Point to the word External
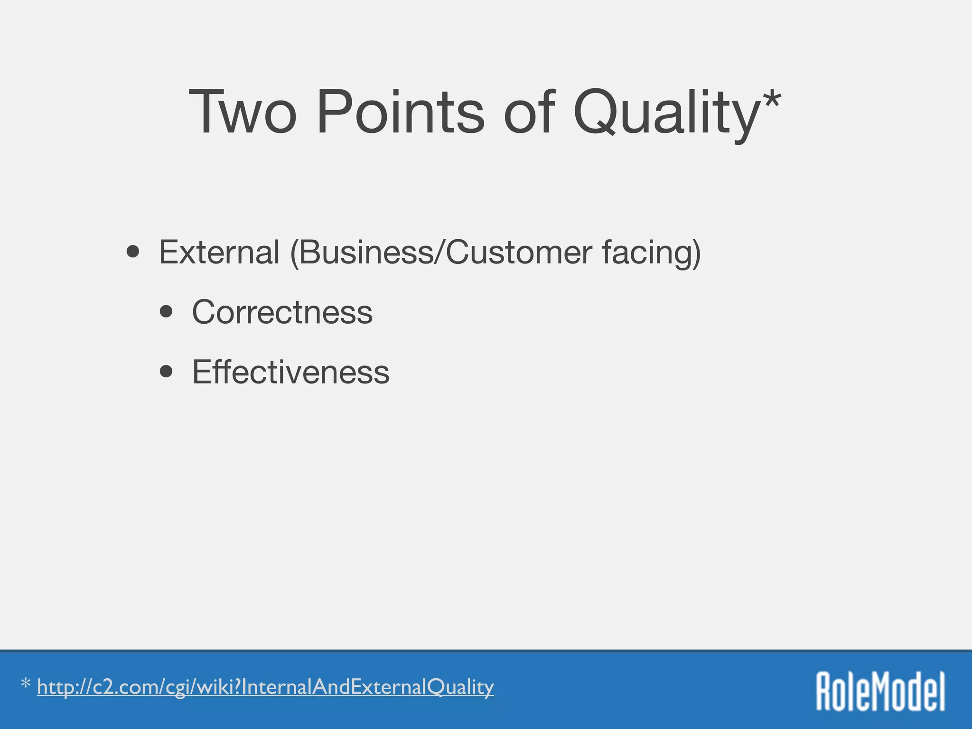click(x=219, y=252)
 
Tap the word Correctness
click(x=282, y=313)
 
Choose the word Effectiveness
click(x=290, y=373)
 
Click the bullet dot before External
click(x=133, y=252)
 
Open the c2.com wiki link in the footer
click(x=265, y=688)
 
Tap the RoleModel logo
click(x=880, y=691)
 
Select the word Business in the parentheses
click(x=365, y=252)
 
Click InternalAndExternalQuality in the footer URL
click(x=368, y=688)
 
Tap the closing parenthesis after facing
click(x=696, y=254)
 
